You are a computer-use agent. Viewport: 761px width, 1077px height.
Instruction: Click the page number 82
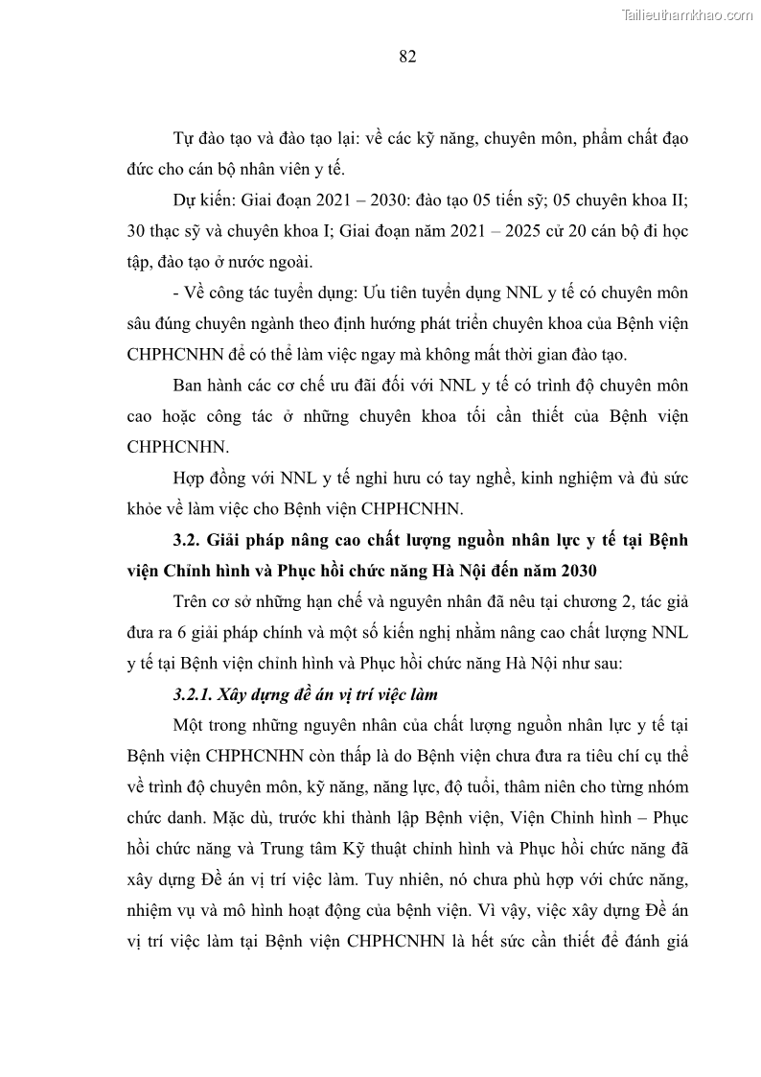(406, 57)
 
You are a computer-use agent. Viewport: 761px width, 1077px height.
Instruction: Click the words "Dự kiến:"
(204, 202)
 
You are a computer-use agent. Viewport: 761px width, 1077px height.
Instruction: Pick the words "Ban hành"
(205, 386)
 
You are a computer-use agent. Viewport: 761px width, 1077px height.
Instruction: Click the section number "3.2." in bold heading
(189, 540)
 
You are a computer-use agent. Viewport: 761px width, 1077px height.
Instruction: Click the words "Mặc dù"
(217, 817)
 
